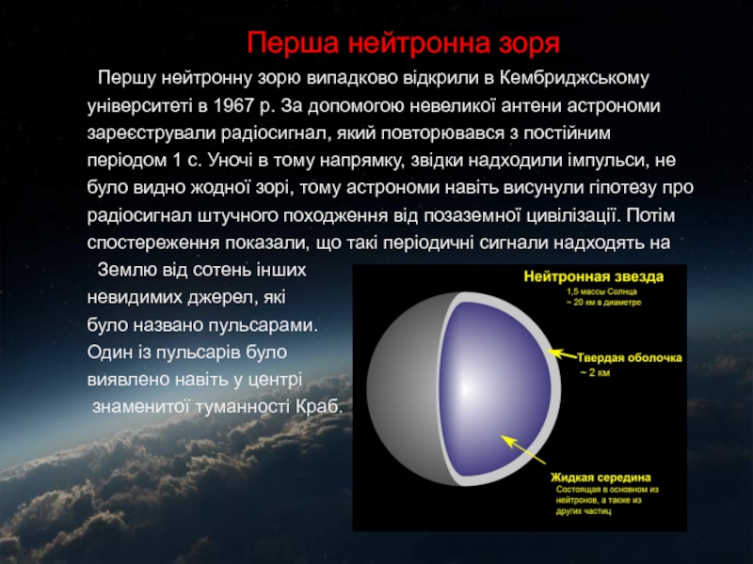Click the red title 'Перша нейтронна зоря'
(x=404, y=43)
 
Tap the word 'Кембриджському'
(x=574, y=78)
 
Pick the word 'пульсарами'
(x=264, y=325)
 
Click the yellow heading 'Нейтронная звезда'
(x=594, y=276)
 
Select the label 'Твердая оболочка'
(x=629, y=358)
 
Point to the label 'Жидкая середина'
(x=601, y=478)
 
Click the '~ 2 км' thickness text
(x=595, y=372)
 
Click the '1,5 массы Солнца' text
(x=601, y=291)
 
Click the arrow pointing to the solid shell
(x=561, y=354)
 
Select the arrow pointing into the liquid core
(x=523, y=449)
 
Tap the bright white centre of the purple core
(x=465, y=387)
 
